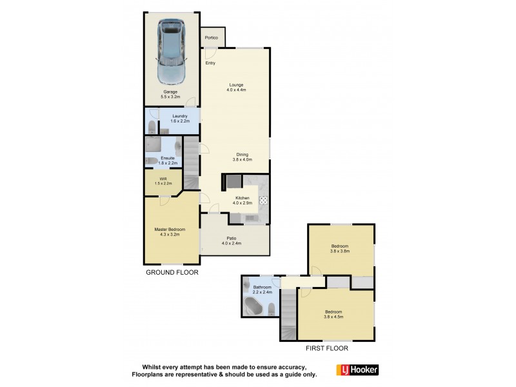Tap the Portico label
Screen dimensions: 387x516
(212, 38)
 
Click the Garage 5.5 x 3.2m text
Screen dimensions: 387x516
(171, 95)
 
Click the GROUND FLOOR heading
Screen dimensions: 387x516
(171, 273)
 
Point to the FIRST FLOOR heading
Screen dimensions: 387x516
(327, 348)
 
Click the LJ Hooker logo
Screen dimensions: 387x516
(357, 370)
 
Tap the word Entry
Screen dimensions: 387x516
(210, 63)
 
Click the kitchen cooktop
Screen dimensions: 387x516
(263, 201)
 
